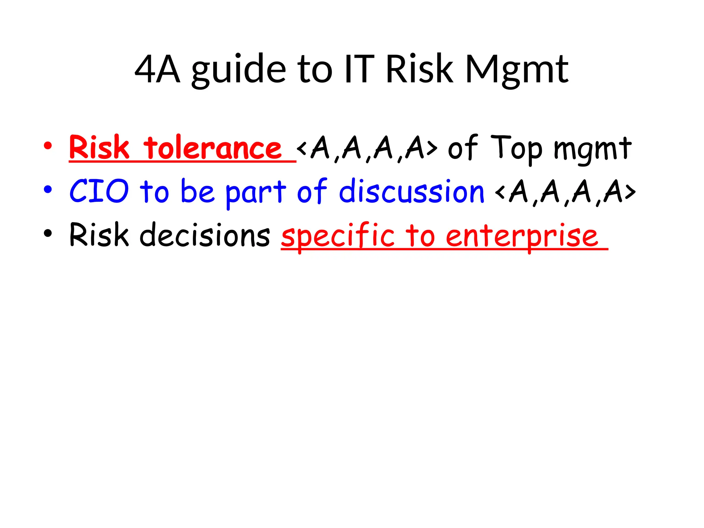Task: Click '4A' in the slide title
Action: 157,70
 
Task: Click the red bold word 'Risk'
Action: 99,147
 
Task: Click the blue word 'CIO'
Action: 99,191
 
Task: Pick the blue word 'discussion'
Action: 411,191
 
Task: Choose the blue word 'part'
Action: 255,192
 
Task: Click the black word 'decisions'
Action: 205,235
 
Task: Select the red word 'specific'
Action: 338,236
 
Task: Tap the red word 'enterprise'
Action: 522,236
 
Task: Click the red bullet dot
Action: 48,146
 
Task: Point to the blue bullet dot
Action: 48,189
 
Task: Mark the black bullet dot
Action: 48,233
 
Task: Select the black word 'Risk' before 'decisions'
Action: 99,235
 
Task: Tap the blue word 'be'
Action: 197,191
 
